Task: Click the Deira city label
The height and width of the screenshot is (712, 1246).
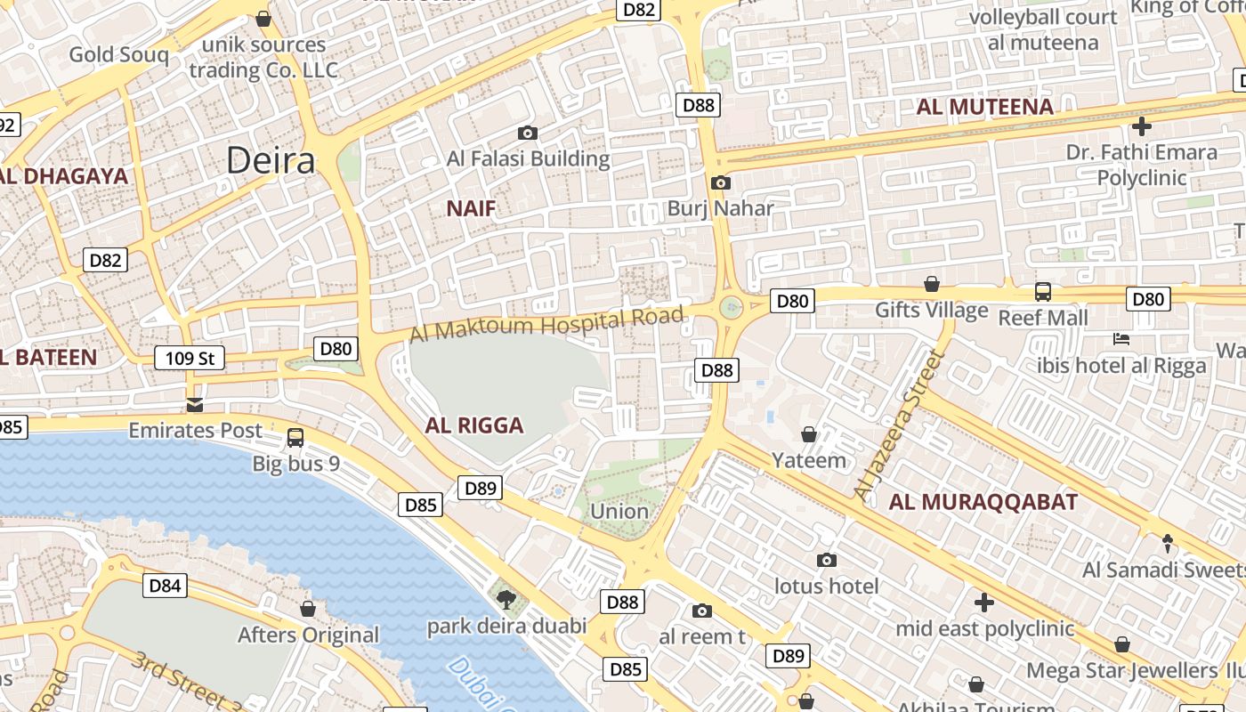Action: point(270,161)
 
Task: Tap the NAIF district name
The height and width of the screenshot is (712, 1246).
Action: point(471,209)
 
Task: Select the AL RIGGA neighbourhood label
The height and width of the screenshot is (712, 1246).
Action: point(473,425)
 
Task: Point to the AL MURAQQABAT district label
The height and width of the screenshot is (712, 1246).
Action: point(983,502)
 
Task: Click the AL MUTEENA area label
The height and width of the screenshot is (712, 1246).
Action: point(984,108)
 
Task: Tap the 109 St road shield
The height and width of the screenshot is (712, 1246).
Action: point(190,359)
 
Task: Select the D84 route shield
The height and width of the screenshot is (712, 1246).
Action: point(165,586)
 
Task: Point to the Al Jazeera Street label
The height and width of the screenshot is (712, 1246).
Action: point(897,425)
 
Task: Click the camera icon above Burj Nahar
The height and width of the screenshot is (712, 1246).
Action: point(720,183)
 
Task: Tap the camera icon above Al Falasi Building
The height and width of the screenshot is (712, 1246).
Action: point(528,133)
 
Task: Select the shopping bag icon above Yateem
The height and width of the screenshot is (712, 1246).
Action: point(809,435)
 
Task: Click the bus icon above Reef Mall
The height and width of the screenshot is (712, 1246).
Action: point(1042,292)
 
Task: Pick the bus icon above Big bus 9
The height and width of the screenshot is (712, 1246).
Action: point(295,438)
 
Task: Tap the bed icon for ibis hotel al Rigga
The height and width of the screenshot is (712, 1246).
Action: point(1121,339)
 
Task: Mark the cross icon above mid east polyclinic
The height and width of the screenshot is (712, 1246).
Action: point(984,603)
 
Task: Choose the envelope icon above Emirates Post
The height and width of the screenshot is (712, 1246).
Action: point(195,406)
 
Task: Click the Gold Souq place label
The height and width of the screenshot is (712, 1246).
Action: point(118,55)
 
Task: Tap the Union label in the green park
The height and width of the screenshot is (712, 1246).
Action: point(619,512)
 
